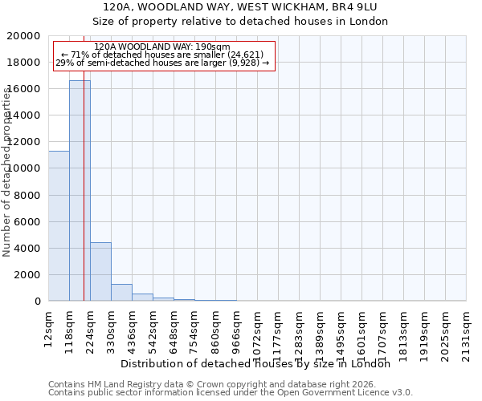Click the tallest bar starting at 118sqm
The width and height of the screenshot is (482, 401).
click(80, 191)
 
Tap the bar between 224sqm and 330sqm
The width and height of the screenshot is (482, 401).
click(100, 272)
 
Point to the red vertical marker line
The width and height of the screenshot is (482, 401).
click(84, 200)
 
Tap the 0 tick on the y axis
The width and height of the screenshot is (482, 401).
click(39, 302)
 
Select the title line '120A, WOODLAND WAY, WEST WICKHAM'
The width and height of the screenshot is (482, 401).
click(240, 7)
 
